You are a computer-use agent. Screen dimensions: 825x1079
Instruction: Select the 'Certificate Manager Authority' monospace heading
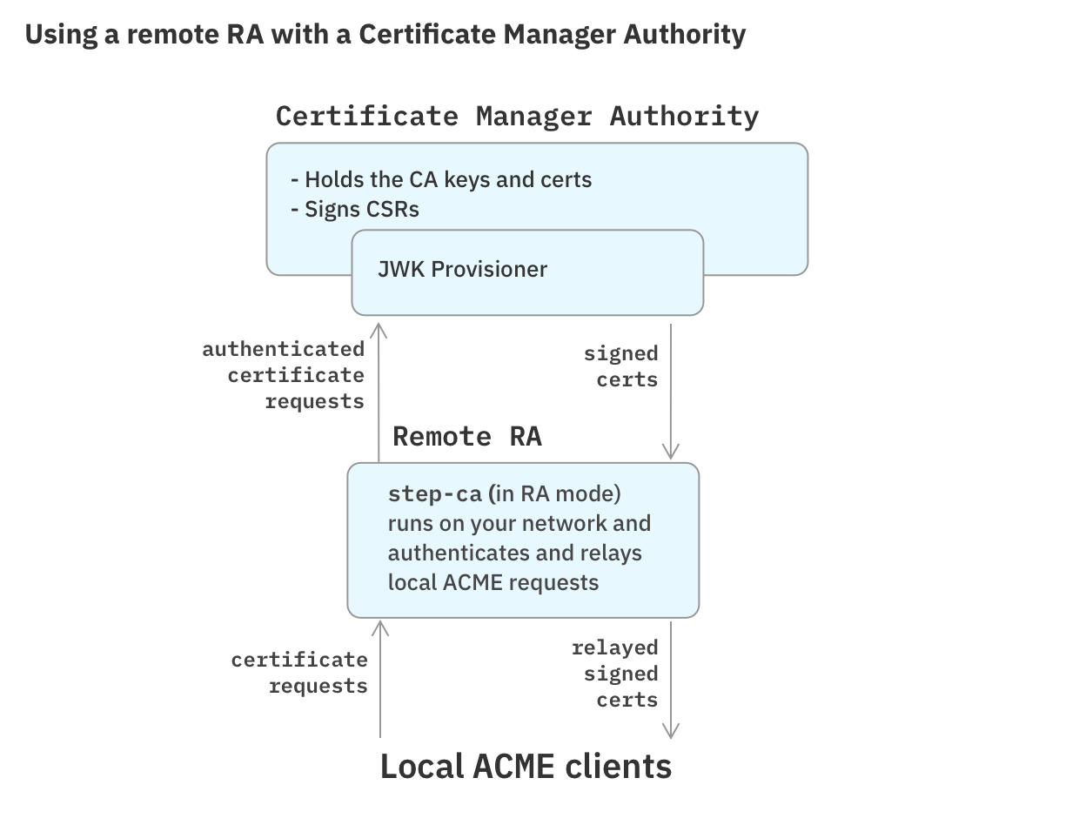click(x=517, y=116)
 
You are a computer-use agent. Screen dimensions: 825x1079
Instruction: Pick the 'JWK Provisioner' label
click(x=462, y=269)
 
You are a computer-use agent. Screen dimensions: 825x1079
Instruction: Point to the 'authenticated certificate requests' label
click(x=284, y=375)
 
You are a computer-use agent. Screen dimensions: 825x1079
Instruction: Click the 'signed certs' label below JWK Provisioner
click(x=621, y=366)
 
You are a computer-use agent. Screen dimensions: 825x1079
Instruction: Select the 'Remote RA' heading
click(x=467, y=436)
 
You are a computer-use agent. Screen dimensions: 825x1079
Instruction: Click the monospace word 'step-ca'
click(x=434, y=494)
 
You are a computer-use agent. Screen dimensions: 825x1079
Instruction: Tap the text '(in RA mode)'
click(x=555, y=494)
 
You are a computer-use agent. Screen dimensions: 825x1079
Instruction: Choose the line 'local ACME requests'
click(x=493, y=582)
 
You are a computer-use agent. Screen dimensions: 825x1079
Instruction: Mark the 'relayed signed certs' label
click(x=615, y=674)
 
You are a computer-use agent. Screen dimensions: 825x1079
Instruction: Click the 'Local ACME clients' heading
click(x=526, y=767)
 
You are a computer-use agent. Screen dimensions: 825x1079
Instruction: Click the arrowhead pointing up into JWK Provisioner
click(x=379, y=329)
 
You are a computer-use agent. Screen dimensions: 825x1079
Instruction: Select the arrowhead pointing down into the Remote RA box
click(x=670, y=451)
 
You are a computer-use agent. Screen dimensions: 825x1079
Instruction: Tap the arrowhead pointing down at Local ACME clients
click(x=670, y=730)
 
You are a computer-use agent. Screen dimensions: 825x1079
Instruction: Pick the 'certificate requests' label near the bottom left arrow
click(x=300, y=673)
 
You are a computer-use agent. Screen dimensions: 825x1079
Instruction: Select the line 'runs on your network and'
click(x=519, y=524)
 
